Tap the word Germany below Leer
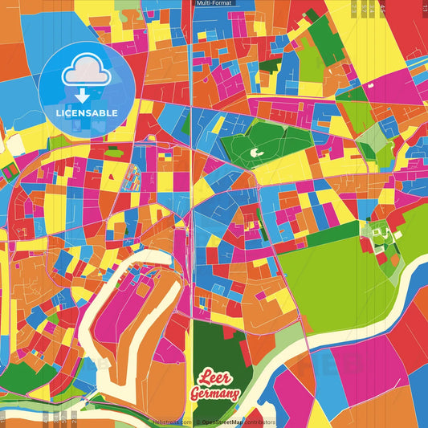214,393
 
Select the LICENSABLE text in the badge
87,112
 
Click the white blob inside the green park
256,150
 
